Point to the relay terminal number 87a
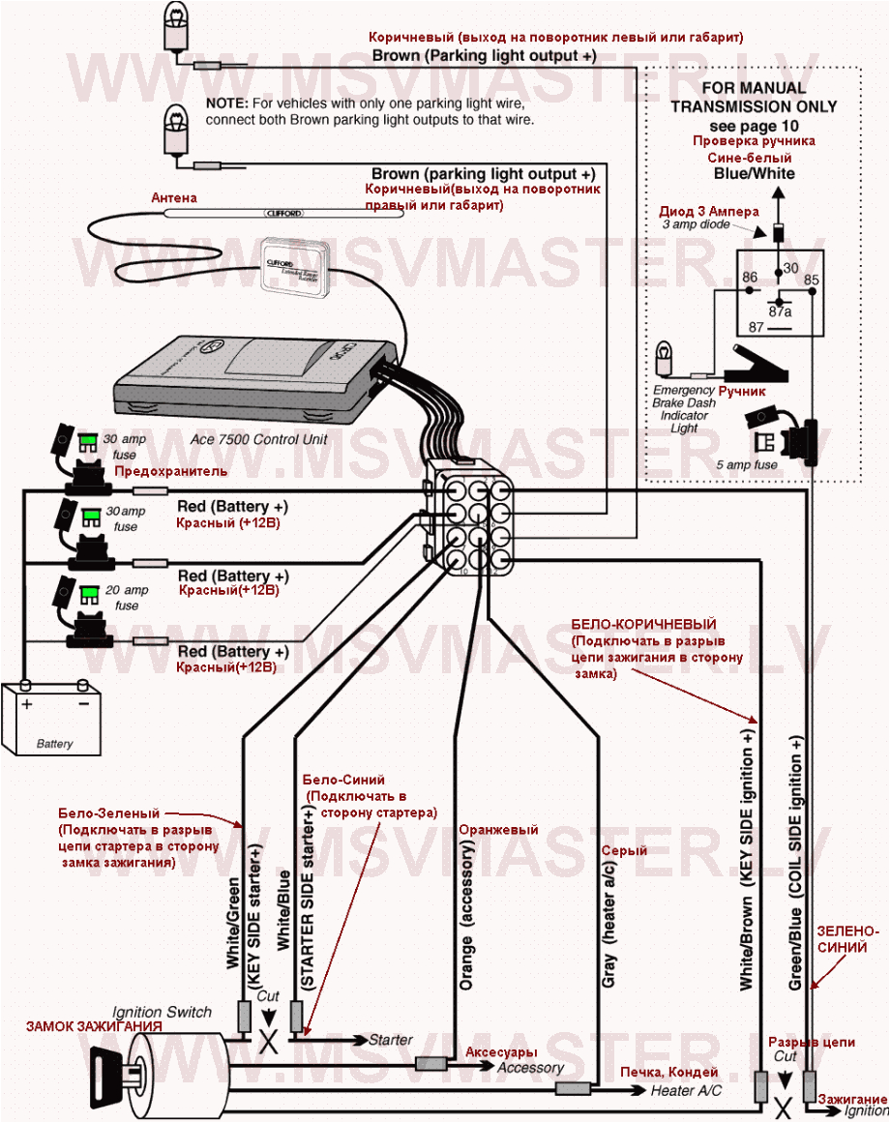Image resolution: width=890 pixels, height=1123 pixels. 780,311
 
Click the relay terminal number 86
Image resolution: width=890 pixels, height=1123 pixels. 749,279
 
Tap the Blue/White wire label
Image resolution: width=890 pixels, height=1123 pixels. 754,174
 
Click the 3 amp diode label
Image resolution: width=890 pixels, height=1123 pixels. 695,224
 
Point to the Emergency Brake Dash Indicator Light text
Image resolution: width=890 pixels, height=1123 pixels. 684,408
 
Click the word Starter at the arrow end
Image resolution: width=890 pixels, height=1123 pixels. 391,1040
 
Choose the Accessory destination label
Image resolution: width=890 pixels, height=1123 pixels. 530,1068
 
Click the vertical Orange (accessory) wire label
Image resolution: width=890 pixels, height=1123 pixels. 467,914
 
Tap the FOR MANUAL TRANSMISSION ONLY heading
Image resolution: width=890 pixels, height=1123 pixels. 754,98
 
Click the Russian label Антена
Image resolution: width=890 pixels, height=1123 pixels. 174,197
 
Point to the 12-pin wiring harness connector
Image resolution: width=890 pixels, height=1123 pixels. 472,526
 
